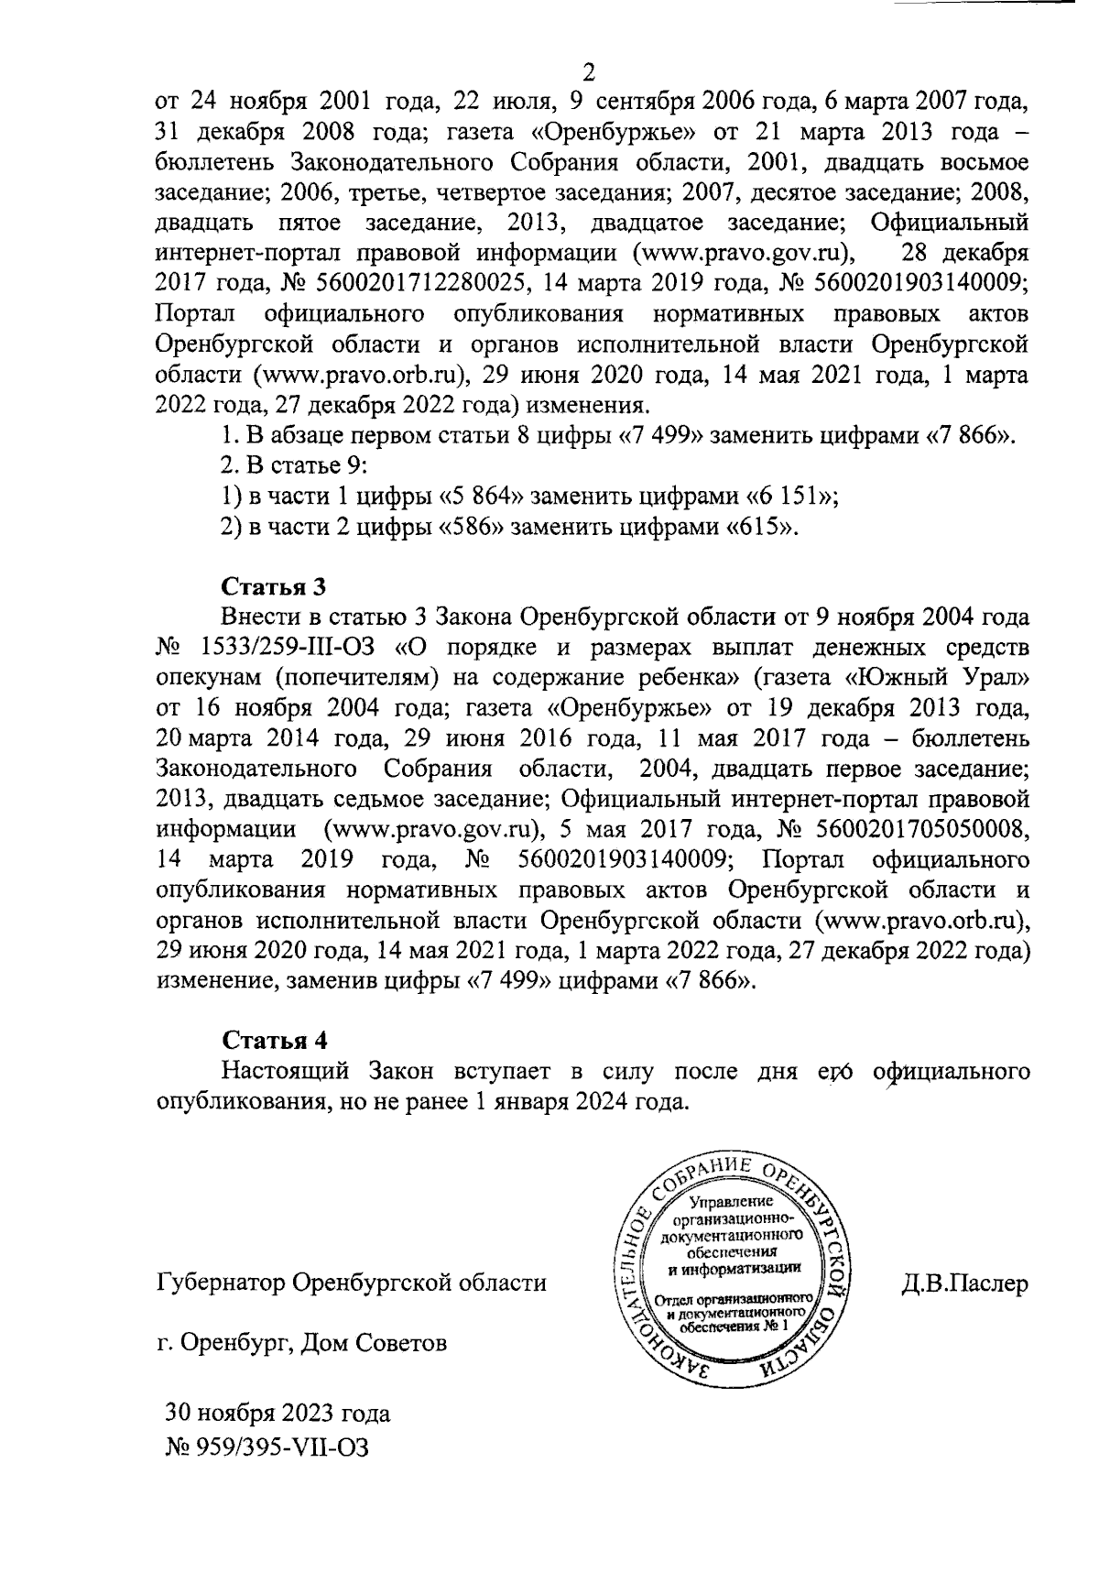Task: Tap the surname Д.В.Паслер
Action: [964, 1283]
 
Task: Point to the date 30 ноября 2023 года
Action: [277, 1413]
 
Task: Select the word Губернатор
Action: [218, 1283]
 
